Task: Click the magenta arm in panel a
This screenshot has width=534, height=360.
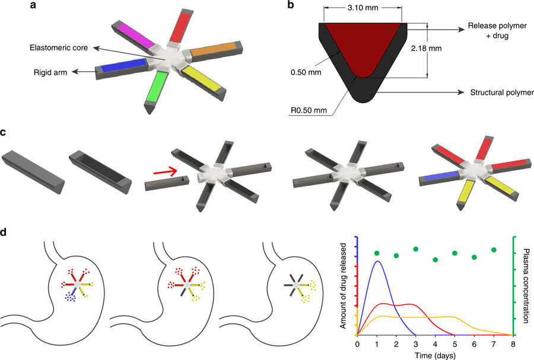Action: pos(135,34)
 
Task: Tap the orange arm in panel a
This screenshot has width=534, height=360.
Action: pos(214,50)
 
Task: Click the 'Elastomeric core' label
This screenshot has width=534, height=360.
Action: pos(59,47)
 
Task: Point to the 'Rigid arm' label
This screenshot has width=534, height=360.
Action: pos(50,72)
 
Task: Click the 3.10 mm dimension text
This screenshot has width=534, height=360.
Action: pos(363,8)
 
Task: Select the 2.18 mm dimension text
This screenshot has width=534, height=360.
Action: pos(426,48)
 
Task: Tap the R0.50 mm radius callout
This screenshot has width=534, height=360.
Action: pos(309,110)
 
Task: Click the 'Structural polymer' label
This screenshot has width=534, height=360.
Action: pos(501,93)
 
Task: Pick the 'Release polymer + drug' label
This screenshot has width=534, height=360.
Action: pos(497,31)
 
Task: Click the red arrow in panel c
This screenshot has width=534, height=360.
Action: pos(165,171)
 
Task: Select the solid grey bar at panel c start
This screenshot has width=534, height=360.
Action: pos(33,173)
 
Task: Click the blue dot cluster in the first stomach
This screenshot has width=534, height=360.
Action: pos(71,297)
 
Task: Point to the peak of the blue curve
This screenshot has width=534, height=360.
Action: pos(377,261)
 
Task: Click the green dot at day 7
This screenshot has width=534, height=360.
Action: pos(494,250)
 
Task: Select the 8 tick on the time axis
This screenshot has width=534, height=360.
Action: pos(513,345)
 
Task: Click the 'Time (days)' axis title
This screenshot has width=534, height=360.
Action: pos(435,356)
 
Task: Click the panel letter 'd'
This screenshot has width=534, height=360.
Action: pos(4,232)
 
